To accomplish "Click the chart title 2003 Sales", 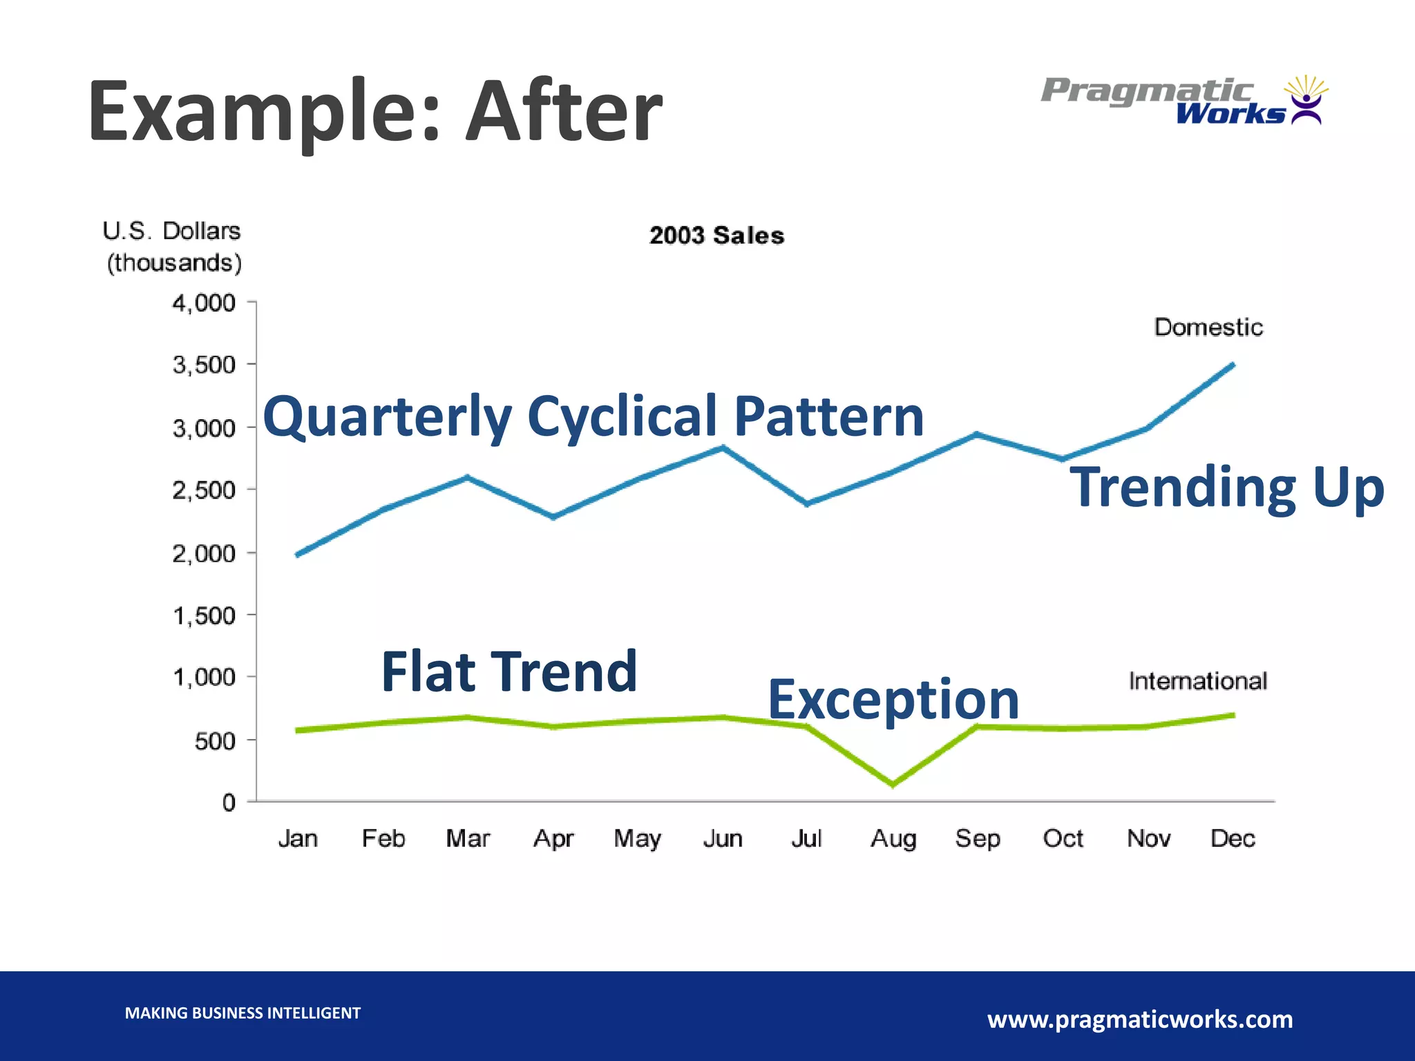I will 716,236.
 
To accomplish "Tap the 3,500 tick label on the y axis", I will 204,365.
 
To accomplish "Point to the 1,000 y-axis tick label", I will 204,678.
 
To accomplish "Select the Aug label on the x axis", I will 893,839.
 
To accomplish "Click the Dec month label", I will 1233,839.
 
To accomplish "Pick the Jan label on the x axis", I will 298,839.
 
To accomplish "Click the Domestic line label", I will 1208,327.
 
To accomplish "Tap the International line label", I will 1198,681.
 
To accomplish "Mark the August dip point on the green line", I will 893,785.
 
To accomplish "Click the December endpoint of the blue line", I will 1233,364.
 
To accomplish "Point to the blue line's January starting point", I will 297,555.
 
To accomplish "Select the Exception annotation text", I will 893,700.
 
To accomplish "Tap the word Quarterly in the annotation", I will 388,417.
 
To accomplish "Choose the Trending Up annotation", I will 1227,487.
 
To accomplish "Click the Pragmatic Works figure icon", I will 1305,101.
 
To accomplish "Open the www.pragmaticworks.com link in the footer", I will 1140,1019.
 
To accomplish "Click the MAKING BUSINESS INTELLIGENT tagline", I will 243,1013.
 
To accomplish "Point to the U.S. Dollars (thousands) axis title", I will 173,247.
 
